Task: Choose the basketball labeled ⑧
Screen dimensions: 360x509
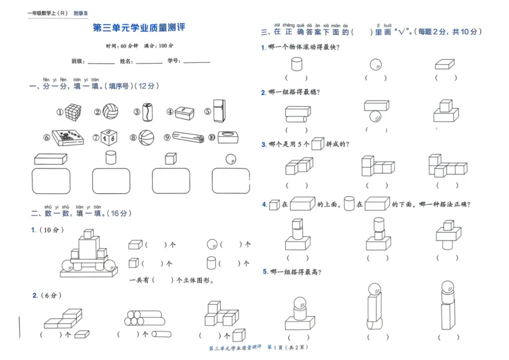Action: point(146,137)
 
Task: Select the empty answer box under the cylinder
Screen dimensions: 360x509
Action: point(111,180)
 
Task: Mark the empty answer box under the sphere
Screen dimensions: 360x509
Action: point(231,180)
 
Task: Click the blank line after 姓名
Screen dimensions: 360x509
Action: point(149,62)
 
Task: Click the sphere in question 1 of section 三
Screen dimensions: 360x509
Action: point(375,64)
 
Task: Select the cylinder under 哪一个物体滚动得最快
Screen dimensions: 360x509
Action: point(296,64)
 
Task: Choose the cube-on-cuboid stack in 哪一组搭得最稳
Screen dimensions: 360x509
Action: point(446,113)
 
